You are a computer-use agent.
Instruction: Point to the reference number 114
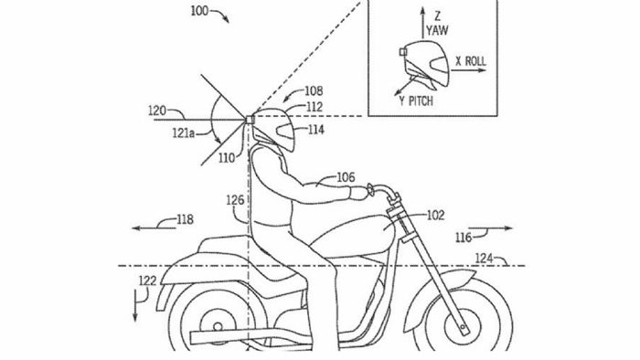pos(315,130)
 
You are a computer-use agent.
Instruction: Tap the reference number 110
pos(227,157)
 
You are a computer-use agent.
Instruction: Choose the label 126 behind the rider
pos(235,199)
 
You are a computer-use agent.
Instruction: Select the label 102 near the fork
pos(435,216)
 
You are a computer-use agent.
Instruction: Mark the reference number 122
pos(147,281)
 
